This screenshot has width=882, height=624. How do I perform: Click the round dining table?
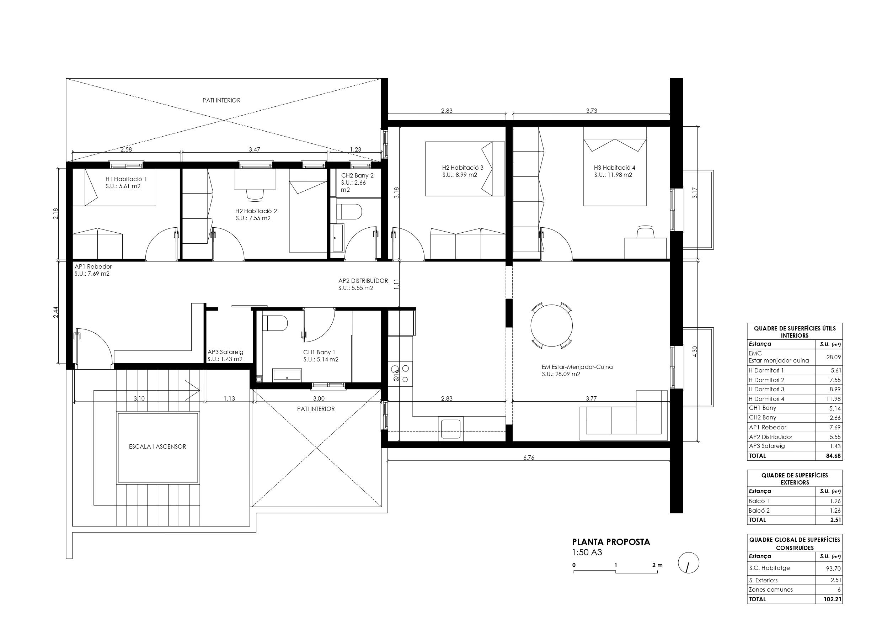551,326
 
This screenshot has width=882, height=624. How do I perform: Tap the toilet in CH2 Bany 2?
349,211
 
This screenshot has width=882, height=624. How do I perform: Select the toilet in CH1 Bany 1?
275,323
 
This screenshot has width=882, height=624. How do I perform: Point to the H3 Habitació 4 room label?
614,168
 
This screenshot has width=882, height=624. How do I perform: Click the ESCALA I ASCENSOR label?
157,447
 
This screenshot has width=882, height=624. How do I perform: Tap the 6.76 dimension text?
529,458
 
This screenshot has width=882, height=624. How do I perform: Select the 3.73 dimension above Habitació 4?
591,111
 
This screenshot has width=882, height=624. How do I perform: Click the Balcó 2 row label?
759,511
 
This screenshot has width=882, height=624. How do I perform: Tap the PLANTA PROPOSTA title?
611,542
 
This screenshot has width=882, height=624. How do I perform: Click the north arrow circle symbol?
689,563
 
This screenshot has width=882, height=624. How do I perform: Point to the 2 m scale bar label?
657,565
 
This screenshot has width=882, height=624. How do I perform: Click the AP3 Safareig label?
225,352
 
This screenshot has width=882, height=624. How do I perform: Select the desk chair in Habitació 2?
256,195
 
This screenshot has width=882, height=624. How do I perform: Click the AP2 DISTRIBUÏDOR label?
363,281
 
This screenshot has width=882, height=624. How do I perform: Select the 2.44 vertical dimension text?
55,312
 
